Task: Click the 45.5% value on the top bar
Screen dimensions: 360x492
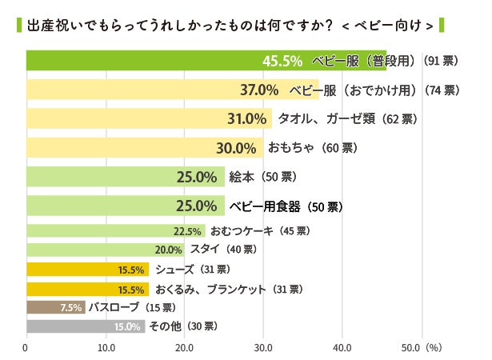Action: pyautogui.click(x=282, y=61)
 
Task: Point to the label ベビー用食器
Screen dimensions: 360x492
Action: pyautogui.click(x=264, y=206)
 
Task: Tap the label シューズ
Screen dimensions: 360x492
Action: pyautogui.click(x=173, y=269)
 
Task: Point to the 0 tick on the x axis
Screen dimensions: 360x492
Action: pyautogui.click(x=26, y=348)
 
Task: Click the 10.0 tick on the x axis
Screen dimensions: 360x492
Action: pyautogui.click(x=106, y=348)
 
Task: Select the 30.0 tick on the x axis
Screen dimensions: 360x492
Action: pyautogui.click(x=263, y=348)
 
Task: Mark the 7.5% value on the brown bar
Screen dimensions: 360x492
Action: pyautogui.click(x=71, y=308)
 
